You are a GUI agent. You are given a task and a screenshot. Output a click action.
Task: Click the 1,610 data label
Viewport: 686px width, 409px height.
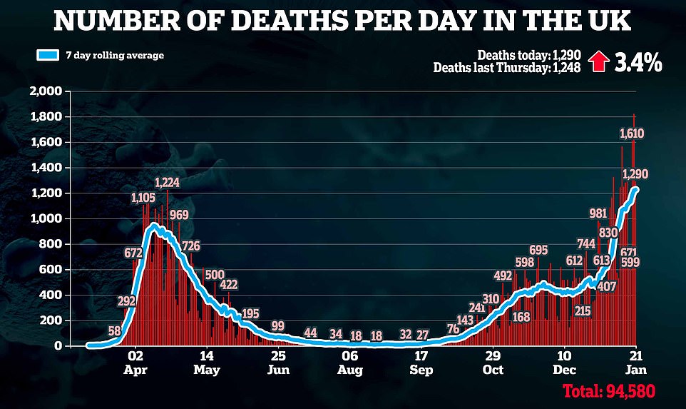click(x=632, y=133)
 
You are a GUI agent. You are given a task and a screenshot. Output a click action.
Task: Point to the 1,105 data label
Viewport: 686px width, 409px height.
click(x=144, y=197)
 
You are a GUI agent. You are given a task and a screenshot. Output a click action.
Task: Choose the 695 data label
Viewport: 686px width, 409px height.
click(x=538, y=249)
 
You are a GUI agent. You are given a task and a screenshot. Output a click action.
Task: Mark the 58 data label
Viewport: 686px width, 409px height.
click(x=114, y=331)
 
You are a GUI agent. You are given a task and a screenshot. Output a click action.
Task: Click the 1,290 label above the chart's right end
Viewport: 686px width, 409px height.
click(x=635, y=173)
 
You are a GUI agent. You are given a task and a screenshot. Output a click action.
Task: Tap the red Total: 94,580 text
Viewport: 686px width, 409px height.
click(x=608, y=390)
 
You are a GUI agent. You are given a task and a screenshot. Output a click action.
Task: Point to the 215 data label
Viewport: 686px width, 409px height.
click(x=583, y=310)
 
